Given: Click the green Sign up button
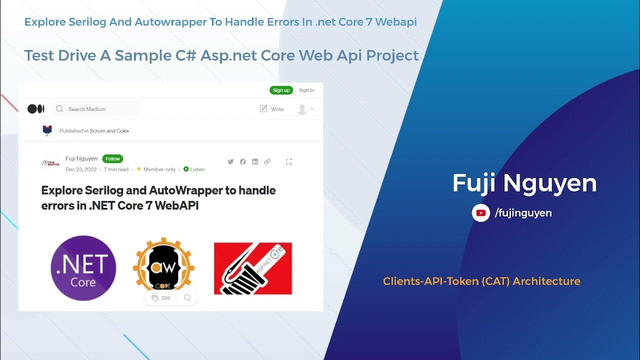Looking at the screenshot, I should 281,90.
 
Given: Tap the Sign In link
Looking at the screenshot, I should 306,90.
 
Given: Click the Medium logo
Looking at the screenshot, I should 36,108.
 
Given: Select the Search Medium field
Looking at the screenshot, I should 96,108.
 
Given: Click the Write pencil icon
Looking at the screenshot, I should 264,108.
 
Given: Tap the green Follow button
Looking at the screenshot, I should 112,159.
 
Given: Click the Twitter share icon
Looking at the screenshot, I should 230,161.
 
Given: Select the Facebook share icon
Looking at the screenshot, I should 242,161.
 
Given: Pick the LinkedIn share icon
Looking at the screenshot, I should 255,161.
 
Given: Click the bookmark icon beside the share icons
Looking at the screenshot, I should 288,161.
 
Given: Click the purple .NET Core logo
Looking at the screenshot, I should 83,268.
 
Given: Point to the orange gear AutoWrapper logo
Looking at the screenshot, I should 164,265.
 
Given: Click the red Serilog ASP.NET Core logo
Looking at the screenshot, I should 252,268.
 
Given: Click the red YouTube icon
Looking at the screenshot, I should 481,213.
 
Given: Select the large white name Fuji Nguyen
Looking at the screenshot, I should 524,183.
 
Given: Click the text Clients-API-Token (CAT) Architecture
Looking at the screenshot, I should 481,281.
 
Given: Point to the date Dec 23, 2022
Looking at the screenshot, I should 81,169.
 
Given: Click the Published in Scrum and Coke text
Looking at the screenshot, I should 94,131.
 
